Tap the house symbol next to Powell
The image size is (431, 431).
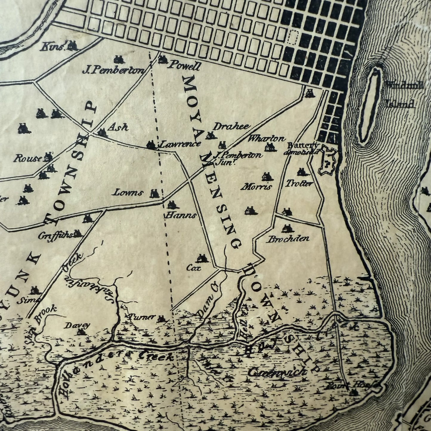[163, 60]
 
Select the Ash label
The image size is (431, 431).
[118, 127]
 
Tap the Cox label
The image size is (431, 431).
[194, 268]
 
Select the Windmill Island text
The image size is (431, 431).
[404, 94]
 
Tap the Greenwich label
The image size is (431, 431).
[277, 372]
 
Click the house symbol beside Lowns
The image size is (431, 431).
[155, 194]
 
